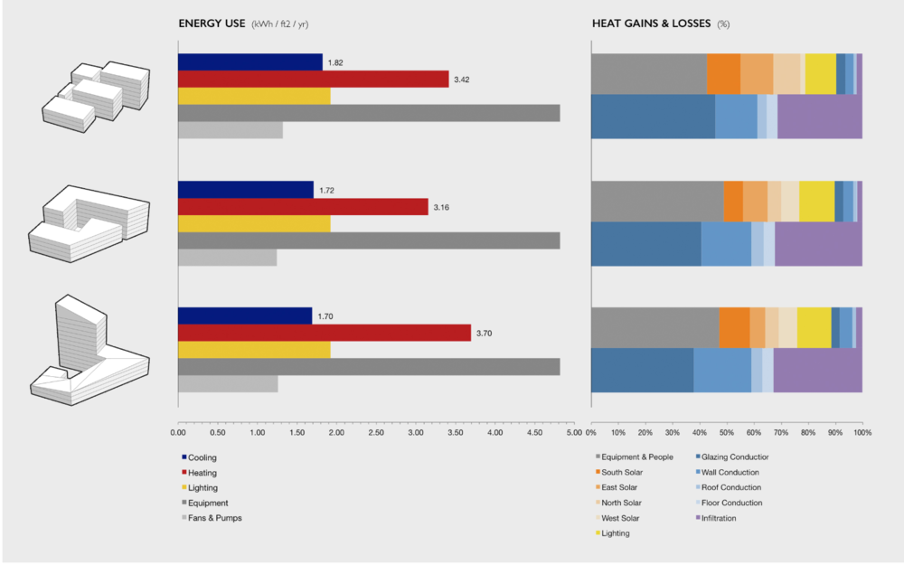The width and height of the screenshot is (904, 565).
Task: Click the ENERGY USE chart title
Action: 212,24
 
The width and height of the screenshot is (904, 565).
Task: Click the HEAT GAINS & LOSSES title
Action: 651,24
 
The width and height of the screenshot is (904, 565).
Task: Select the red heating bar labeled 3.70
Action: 325,333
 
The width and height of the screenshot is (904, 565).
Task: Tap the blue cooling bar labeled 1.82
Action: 250,62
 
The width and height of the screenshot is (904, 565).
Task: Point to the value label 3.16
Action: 441,208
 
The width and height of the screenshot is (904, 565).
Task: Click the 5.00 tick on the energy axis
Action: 574,433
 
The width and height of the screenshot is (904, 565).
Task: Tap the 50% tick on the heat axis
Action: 727,433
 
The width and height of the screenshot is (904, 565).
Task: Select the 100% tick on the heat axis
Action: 862,433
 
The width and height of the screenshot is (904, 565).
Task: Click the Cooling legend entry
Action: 202,457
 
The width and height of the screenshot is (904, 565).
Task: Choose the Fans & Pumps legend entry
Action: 214,518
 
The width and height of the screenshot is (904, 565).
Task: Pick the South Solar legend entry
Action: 622,472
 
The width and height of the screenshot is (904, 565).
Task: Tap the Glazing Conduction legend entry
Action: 735,457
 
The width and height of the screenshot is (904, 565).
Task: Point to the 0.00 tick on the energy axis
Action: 178,433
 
